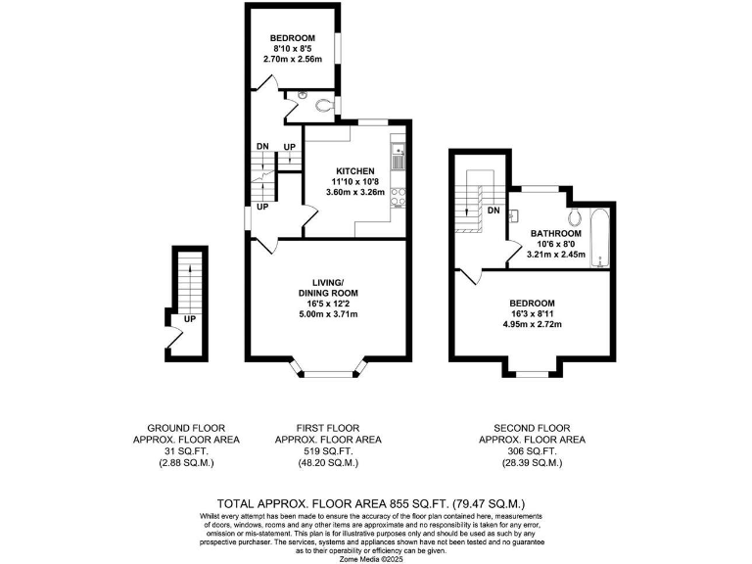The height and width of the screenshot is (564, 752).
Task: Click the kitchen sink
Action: pyautogui.click(x=398, y=155)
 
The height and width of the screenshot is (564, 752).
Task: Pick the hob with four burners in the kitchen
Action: pyautogui.click(x=398, y=198)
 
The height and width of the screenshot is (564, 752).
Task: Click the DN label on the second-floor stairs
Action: pyautogui.click(x=493, y=211)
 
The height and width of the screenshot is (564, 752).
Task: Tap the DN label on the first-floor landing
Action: pyautogui.click(x=261, y=147)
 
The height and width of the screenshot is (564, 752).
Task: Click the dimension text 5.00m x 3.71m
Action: pyautogui.click(x=328, y=314)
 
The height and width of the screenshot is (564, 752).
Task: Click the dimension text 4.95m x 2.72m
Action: pyautogui.click(x=532, y=324)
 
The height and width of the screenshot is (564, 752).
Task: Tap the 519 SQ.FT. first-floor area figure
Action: pyautogui.click(x=328, y=451)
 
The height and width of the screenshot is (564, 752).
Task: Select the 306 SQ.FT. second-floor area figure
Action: pyautogui.click(x=532, y=451)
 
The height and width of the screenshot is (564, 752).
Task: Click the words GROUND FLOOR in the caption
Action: pyautogui.click(x=186, y=429)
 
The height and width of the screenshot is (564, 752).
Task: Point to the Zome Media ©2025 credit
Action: pyautogui.click(x=375, y=558)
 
